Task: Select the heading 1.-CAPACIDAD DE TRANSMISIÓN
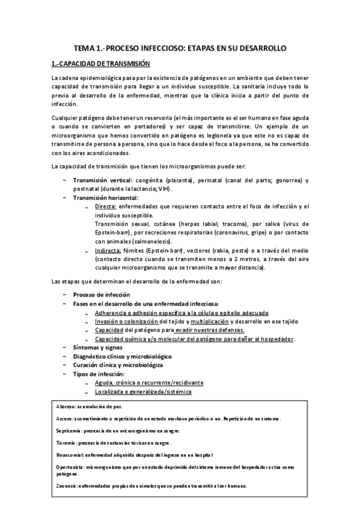pos(100,63)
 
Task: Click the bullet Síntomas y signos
pos(97,348)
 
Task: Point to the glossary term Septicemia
pos(64,431)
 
